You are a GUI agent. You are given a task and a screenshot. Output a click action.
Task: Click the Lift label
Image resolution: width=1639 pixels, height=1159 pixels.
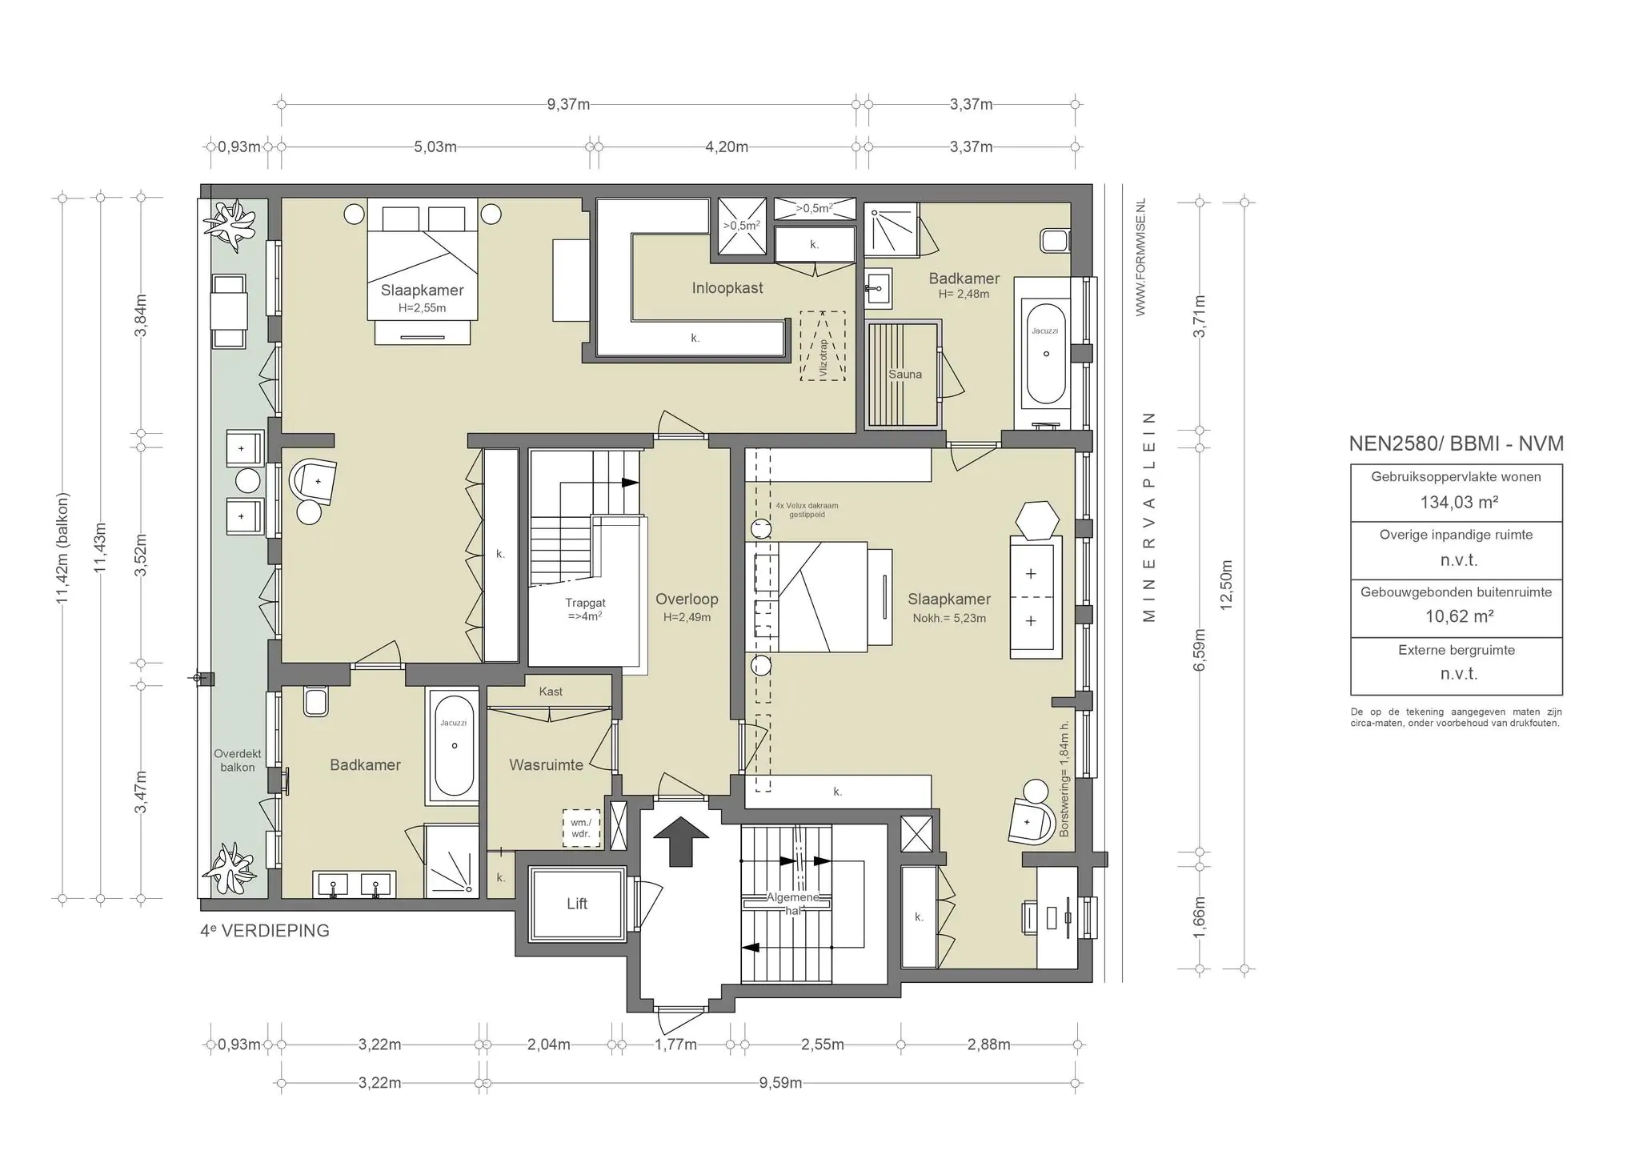pyautogui.click(x=577, y=904)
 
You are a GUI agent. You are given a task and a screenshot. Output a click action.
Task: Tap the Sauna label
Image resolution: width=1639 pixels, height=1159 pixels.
pyautogui.click(x=905, y=375)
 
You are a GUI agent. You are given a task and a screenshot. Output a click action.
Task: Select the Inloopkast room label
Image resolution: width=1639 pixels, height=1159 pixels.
pyautogui.click(x=727, y=288)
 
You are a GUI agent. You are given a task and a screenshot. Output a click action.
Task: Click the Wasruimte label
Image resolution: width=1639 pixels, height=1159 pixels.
pyautogui.click(x=547, y=765)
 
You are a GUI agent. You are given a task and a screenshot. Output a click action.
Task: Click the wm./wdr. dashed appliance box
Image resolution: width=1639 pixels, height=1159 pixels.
pyautogui.click(x=580, y=828)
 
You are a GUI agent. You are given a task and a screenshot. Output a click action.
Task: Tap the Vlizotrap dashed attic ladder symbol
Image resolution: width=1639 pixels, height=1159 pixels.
pyautogui.click(x=822, y=346)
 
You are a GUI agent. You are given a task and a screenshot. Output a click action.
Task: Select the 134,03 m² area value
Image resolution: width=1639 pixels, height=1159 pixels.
pyautogui.click(x=1459, y=503)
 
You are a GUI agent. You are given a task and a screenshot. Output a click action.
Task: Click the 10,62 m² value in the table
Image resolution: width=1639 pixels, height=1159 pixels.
pyautogui.click(x=1459, y=616)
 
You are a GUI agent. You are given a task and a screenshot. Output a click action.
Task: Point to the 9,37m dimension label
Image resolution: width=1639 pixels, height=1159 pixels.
pyautogui.click(x=568, y=104)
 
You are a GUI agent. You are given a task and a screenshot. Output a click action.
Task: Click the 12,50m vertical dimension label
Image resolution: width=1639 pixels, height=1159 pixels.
pyautogui.click(x=1226, y=585)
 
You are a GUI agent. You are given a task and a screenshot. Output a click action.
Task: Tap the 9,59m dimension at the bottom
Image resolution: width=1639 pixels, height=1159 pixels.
pyautogui.click(x=780, y=1083)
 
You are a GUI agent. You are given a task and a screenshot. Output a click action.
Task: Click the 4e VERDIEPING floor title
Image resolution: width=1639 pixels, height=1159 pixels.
pyautogui.click(x=265, y=931)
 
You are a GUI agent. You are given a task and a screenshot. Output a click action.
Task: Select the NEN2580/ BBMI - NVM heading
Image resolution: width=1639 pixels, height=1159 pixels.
pyautogui.click(x=1457, y=443)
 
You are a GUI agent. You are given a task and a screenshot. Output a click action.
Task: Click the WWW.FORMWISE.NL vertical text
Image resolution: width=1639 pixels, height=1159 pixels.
pyautogui.click(x=1140, y=257)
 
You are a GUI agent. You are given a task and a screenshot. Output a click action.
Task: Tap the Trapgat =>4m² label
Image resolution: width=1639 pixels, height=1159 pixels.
pyautogui.click(x=585, y=610)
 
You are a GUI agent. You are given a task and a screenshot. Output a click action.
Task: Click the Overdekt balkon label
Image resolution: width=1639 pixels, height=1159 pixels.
pyautogui.click(x=238, y=760)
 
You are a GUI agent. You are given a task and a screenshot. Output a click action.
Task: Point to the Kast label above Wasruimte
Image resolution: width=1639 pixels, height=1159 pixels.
pyautogui.click(x=551, y=692)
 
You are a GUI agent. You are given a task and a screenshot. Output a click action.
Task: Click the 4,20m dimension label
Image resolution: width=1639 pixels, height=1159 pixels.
pyautogui.click(x=727, y=146)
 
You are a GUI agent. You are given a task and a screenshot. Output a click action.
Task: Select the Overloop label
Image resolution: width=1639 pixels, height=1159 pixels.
pyautogui.click(x=687, y=600)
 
